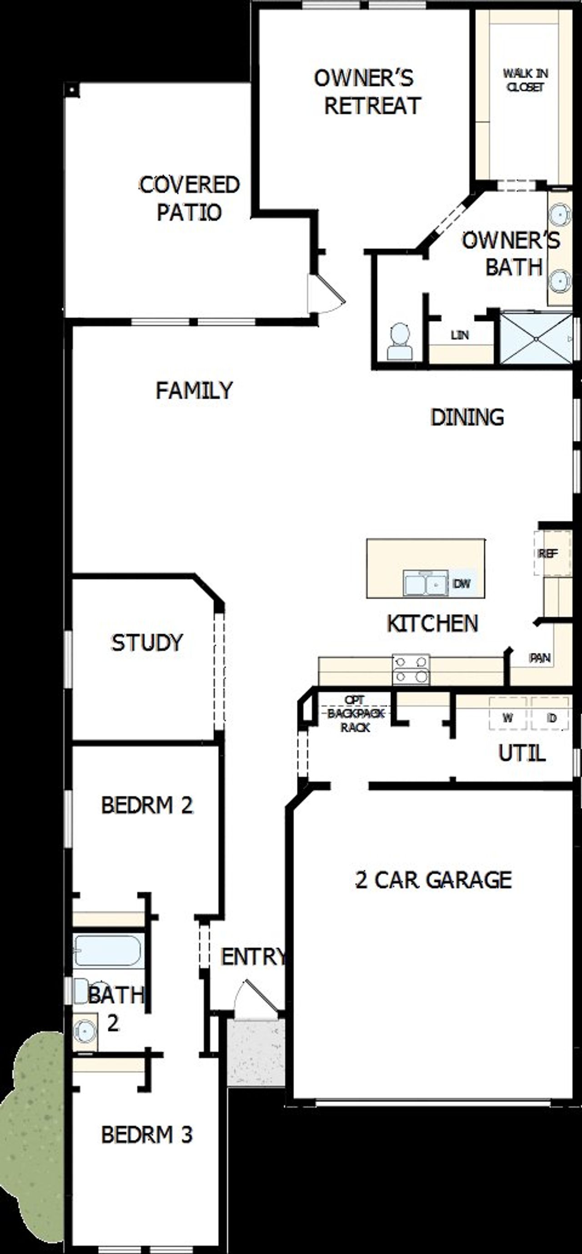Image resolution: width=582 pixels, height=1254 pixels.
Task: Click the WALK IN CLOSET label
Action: pyautogui.click(x=525, y=80)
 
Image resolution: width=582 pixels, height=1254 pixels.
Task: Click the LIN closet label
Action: pyautogui.click(x=459, y=335)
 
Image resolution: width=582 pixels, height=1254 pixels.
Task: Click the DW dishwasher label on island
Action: pyautogui.click(x=461, y=583)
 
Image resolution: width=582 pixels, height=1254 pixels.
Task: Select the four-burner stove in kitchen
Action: pyautogui.click(x=411, y=669)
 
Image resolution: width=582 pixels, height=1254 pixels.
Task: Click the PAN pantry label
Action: pyautogui.click(x=540, y=658)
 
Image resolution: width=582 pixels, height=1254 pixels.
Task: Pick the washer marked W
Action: pyautogui.click(x=507, y=718)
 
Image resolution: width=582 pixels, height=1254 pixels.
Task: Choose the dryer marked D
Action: pyautogui.click(x=551, y=718)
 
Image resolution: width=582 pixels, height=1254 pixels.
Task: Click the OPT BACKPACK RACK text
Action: pyautogui.click(x=356, y=714)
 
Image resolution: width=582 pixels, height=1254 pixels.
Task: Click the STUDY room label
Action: pyautogui.click(x=146, y=642)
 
